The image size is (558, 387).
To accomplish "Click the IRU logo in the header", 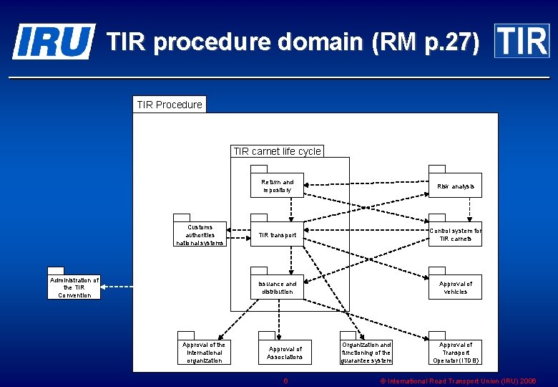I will coord(53,41).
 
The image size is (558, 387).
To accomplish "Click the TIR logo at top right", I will coord(522,41).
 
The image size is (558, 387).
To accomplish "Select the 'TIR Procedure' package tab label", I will coord(170,105).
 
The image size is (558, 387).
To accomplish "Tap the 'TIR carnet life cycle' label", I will coord(277,151).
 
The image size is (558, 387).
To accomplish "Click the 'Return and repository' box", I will coord(277,186).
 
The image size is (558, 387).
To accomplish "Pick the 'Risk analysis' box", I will coord(455,186).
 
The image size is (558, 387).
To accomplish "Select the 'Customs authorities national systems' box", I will coord(200,234).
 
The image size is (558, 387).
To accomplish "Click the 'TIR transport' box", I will coord(277,234).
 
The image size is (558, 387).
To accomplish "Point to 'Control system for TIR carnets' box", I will coord(455,234).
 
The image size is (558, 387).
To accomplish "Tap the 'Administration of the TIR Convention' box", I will coord(74,287).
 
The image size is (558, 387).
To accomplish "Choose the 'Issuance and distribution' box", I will coord(277,287).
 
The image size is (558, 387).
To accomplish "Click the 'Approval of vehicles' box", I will coord(455,287).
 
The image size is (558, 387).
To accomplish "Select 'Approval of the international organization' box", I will coord(204,353).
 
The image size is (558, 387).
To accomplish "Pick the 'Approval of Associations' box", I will coord(285,353).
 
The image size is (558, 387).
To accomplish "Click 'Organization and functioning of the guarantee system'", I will coord(366,353).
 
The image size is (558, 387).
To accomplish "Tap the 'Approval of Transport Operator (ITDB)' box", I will coord(455,353).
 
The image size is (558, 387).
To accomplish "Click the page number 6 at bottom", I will coord(285,381).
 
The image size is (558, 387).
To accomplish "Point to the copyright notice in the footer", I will coord(458,381).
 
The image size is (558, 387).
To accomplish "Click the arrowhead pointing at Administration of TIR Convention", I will coord(105,287).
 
